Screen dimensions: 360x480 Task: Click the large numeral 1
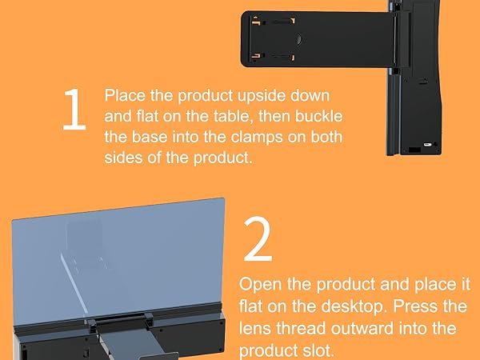pos(73,112)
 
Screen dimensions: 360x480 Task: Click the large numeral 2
pos(257,240)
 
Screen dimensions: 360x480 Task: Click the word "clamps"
pos(257,137)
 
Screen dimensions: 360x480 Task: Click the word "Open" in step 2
pos(260,286)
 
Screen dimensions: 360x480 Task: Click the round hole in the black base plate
pos(298,38)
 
